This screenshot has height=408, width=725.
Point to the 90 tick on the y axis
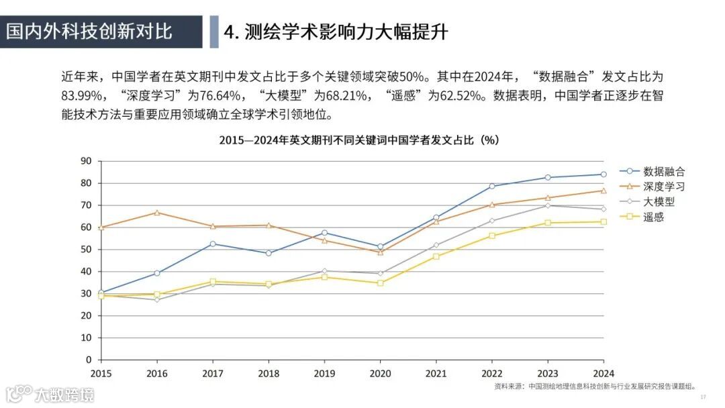point(85,161)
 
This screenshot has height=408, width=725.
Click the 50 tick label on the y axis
point(85,250)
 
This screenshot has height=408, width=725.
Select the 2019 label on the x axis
point(324,373)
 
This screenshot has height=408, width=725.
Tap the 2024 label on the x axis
point(603,373)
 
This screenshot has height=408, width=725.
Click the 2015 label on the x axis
point(101,373)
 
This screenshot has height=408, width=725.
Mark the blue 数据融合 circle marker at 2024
point(603,174)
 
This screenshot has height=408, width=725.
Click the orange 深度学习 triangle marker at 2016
point(157,213)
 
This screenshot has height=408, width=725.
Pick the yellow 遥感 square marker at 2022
point(492,236)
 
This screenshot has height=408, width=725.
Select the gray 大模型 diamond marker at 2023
point(548,205)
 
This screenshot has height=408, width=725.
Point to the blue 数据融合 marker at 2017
point(213,244)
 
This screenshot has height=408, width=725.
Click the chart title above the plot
point(358,140)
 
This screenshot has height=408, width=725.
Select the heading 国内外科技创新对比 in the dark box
point(90,31)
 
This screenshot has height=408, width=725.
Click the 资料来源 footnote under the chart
point(595,387)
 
